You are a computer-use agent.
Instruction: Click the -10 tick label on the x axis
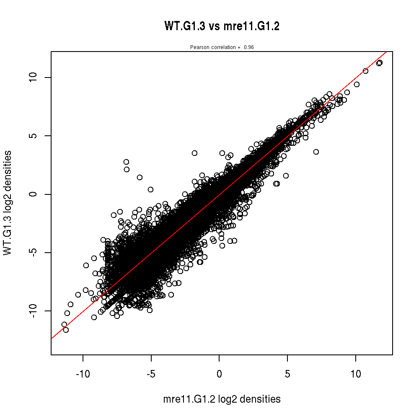click(83, 374)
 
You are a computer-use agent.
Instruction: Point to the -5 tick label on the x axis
click(151, 374)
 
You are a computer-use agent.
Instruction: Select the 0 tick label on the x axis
click(219, 374)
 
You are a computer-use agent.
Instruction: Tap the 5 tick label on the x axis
click(287, 374)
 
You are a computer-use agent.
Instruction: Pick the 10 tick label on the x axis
click(356, 374)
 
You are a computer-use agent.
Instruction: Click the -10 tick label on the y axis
click(34, 310)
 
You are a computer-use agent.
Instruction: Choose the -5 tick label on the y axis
click(34, 252)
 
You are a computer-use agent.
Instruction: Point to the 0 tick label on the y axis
click(34, 194)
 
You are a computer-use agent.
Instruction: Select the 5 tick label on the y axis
click(34, 136)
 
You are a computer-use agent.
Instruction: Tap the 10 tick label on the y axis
click(34, 78)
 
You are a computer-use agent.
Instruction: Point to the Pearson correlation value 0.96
click(249, 47)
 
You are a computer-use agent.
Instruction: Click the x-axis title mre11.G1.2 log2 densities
click(222, 399)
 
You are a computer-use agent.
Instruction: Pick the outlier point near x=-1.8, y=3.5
click(194, 153)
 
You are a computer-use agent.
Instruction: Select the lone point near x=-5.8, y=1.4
click(140, 177)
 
